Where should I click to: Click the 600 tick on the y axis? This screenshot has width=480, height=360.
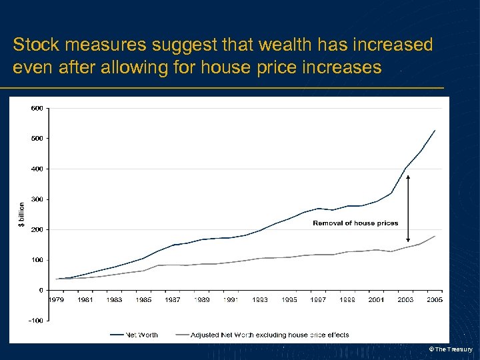click(x=37, y=108)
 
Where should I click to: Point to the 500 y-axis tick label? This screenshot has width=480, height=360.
click(x=37, y=139)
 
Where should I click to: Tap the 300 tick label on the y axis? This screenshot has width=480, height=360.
click(x=37, y=199)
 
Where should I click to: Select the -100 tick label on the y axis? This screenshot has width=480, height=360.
click(x=36, y=321)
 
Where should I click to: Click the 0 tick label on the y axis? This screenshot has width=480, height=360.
click(x=41, y=290)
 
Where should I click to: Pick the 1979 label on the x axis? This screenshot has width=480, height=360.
click(x=56, y=300)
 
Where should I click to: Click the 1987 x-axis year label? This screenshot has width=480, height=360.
click(x=173, y=300)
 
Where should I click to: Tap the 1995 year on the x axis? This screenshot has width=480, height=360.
click(x=289, y=300)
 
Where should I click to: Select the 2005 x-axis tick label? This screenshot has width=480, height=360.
click(x=435, y=300)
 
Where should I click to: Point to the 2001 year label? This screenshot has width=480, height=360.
click(x=377, y=300)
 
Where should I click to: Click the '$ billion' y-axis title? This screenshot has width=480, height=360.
click(x=21, y=214)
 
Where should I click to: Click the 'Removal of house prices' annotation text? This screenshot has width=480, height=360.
click(x=355, y=223)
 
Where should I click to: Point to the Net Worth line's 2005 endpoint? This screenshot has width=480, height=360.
click(x=435, y=131)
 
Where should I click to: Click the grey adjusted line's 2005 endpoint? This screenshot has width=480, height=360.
click(x=435, y=236)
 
